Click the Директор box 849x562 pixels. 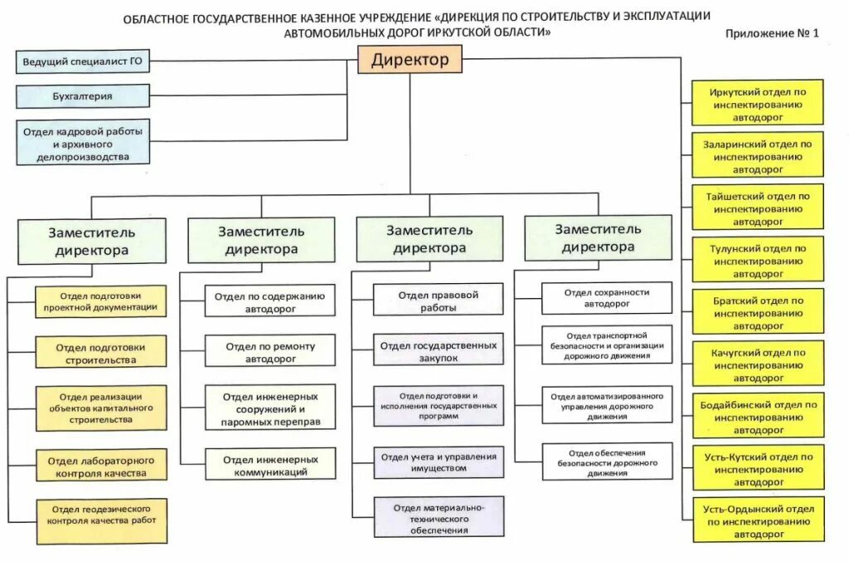410,60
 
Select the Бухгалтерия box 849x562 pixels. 83,96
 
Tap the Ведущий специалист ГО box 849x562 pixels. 83,62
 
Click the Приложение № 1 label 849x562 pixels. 771,34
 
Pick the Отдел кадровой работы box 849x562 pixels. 83,143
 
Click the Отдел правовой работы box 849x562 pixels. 438,301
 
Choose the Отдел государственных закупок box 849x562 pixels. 438,350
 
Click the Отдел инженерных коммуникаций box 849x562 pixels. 270,465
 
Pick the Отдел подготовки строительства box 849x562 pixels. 101,353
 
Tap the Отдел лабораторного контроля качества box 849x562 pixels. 101,466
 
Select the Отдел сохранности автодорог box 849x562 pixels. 607,298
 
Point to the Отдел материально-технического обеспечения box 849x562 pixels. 438,517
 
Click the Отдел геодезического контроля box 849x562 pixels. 101,520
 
